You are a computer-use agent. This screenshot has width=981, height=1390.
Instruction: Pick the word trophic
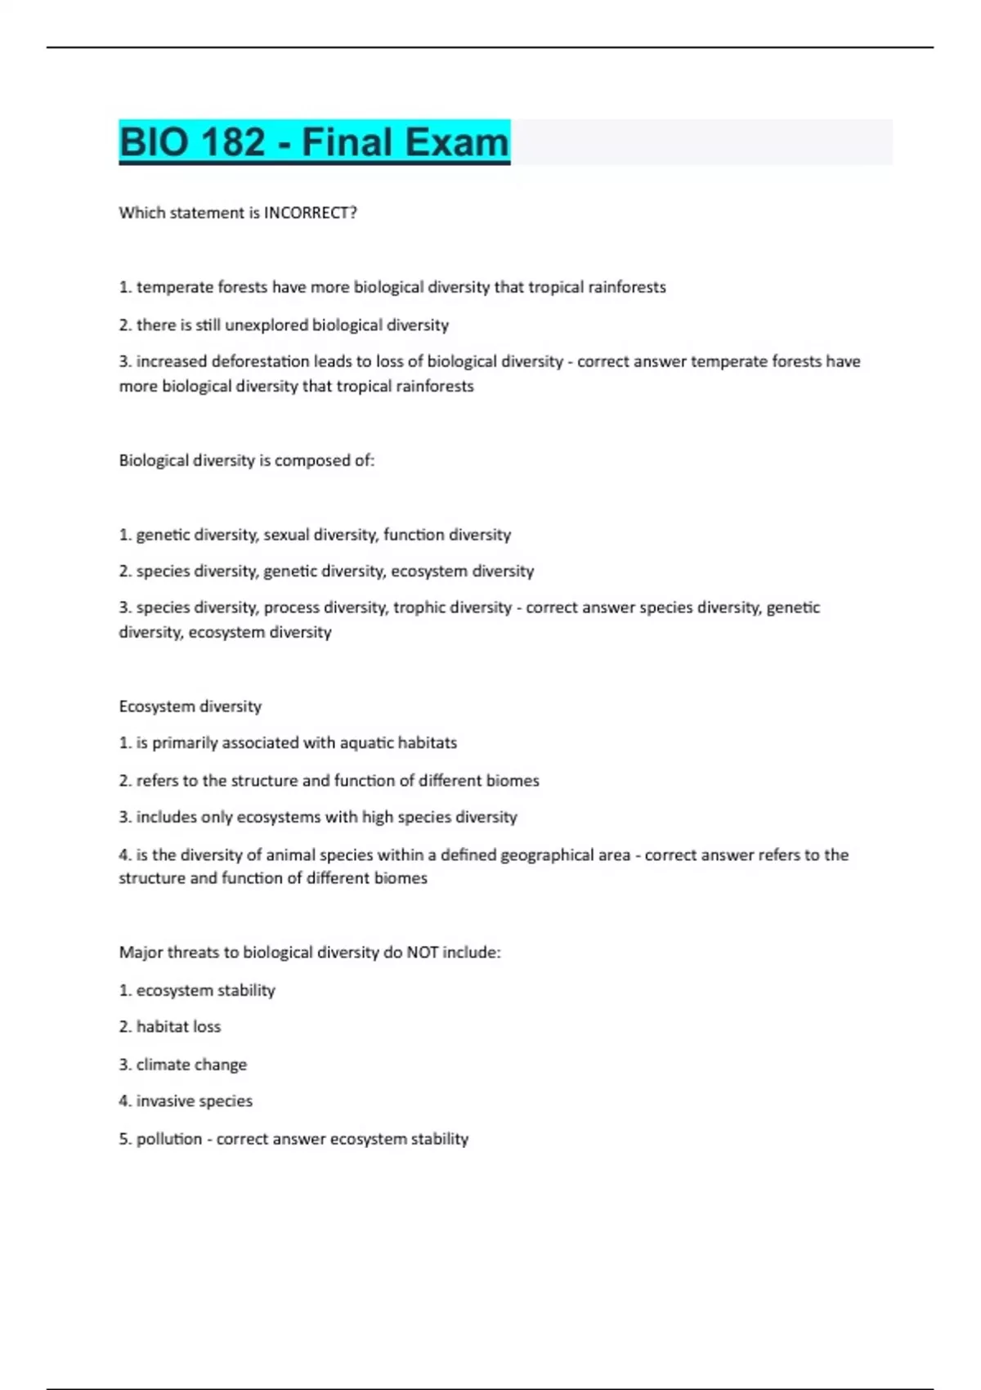(420, 608)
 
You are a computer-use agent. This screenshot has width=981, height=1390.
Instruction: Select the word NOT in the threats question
(422, 953)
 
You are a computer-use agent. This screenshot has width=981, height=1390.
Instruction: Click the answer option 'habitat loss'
(178, 1027)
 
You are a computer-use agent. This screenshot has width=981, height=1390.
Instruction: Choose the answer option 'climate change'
(191, 1065)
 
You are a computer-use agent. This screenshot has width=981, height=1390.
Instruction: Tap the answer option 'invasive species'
(194, 1101)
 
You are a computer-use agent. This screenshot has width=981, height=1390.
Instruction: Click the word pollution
(168, 1139)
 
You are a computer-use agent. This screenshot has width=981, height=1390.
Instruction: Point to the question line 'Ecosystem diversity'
(190, 706)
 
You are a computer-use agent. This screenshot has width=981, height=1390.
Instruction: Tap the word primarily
(185, 743)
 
